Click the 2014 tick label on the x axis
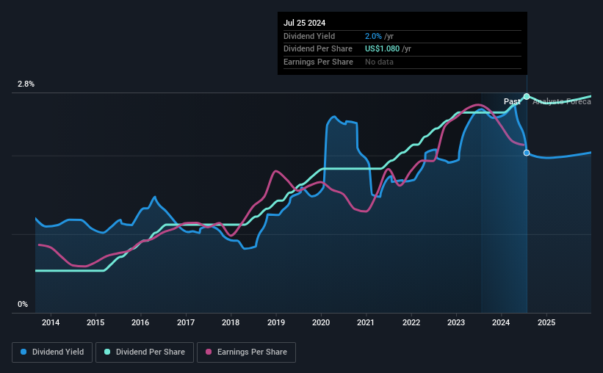tap(51, 322)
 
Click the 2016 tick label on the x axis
tap(140, 322)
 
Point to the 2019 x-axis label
tap(276, 322)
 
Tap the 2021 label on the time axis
tap(366, 322)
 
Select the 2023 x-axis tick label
tap(456, 322)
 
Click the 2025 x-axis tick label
tap(546, 322)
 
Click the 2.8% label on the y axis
tap(26, 84)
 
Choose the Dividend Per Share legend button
tap(145, 352)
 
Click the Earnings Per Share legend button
tap(245, 352)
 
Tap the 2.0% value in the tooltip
tap(374, 36)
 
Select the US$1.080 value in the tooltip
tap(388, 49)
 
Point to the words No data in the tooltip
tap(379, 62)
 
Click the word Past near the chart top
tap(512, 101)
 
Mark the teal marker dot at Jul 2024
tap(527, 97)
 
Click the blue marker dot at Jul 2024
tap(527, 153)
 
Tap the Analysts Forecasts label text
tap(561, 101)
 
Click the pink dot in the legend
tap(208, 352)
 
